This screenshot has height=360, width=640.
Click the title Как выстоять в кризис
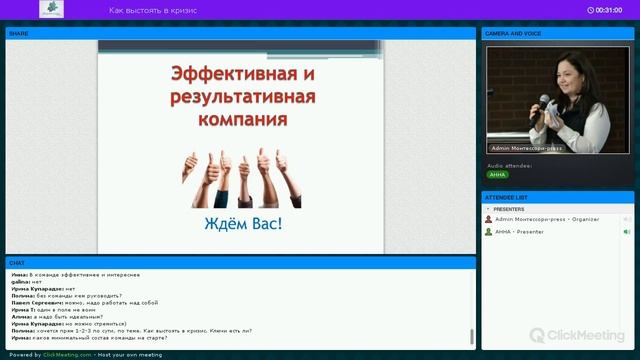pos(153,10)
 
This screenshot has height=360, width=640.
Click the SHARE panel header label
pos(19,33)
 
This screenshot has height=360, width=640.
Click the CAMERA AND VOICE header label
pos(513,33)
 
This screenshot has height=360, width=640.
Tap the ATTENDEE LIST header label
pos(507,196)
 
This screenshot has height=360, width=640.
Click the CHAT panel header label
pos(17,262)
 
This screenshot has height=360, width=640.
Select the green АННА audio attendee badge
pos(498,174)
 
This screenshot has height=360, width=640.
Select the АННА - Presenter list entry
pos(519,231)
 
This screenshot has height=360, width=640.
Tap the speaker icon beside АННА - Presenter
pos(627,231)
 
